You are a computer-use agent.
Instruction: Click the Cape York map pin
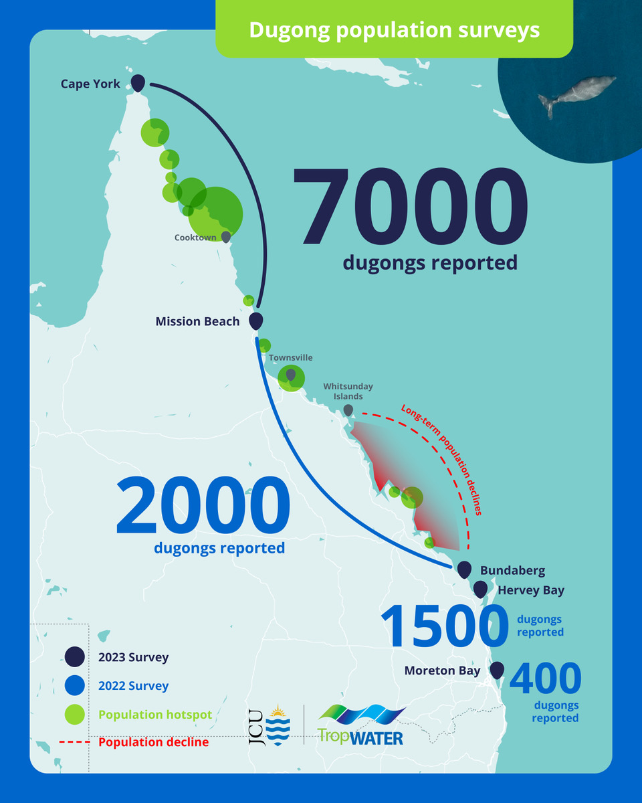tap(138, 83)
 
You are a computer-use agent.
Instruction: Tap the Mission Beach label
tap(197, 322)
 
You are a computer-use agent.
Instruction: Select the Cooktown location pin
tap(226, 237)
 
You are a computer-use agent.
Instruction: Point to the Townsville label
tap(290, 358)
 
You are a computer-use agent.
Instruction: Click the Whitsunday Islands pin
tap(348, 410)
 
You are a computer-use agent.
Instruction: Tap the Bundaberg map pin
tap(464, 569)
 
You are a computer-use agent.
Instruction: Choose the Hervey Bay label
tap(531, 590)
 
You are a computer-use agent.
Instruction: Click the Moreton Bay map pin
tap(497, 669)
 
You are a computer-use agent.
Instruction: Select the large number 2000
tap(203, 507)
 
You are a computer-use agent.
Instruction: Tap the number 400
tap(545, 679)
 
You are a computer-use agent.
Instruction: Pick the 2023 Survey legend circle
tap(74, 657)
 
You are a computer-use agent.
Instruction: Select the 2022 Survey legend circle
tap(74, 686)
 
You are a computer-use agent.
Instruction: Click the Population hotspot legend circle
tap(74, 715)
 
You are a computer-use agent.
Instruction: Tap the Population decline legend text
tap(153, 742)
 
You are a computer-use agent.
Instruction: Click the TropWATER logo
tap(361, 724)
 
